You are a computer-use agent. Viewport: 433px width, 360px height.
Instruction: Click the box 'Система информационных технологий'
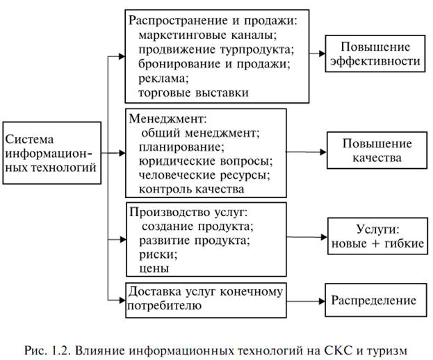[52, 153]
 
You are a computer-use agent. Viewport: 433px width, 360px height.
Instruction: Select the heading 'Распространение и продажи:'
[213, 21]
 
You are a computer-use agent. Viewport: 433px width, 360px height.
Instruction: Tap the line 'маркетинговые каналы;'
[208, 35]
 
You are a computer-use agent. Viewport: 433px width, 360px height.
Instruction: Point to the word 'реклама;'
[163, 79]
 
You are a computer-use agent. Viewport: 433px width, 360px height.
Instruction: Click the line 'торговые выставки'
[193, 92]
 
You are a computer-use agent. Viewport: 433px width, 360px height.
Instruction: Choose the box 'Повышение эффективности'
[375, 54]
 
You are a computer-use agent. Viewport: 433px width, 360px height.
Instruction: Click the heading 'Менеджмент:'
[168, 119]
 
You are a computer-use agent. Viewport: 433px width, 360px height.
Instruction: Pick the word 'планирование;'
[181, 147]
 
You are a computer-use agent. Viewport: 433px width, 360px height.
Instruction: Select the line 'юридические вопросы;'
[206, 161]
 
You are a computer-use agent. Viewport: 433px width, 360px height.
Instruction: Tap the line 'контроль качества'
[191, 190]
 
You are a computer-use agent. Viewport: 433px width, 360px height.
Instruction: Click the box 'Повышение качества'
[377, 150]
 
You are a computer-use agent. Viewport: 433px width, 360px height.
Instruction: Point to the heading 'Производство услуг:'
[188, 213]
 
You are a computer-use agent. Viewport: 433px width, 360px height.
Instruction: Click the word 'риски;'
[158, 254]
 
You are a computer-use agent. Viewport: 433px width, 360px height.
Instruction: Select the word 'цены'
[154, 269]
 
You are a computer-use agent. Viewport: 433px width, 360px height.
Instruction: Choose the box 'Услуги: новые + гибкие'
[377, 236]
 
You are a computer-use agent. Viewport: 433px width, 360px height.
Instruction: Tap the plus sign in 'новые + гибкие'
[377, 244]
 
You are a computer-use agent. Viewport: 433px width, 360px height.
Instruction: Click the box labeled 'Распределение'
[376, 300]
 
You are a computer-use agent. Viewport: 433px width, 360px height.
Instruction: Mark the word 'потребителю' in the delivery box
[164, 306]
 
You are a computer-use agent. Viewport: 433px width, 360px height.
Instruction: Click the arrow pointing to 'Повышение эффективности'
[317, 54]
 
